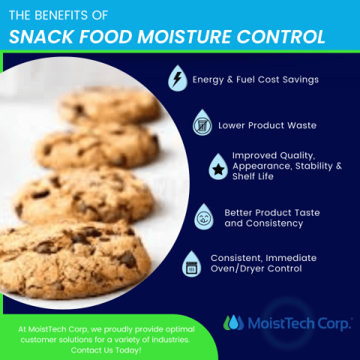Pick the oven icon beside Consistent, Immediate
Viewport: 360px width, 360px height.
tap(190, 263)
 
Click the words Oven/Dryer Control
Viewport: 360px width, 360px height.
tap(252, 268)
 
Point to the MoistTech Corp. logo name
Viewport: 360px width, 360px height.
tap(299, 323)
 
